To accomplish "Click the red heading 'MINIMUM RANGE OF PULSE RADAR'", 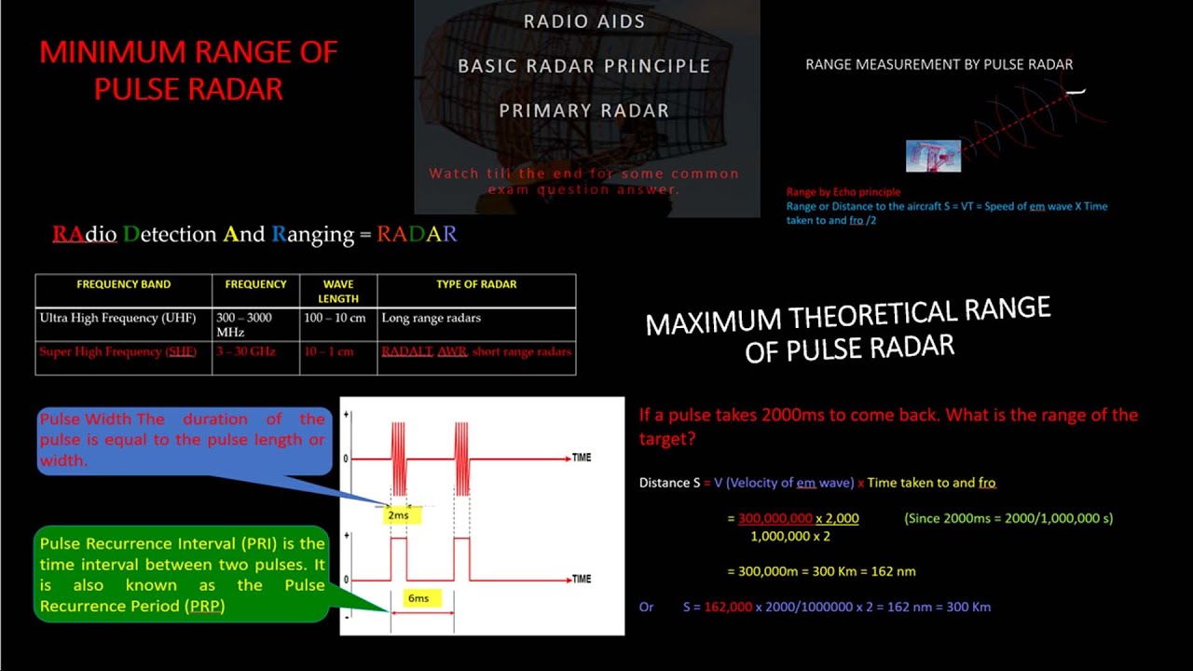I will coord(188,70).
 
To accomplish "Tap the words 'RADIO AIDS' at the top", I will coord(584,21).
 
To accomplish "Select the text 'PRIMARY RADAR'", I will coord(584,111).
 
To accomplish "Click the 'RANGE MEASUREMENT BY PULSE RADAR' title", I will coord(939,64).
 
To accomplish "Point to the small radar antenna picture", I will coord(933,156).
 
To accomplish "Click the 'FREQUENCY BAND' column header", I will coord(123,284).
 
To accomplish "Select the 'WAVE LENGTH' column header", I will coord(337,291).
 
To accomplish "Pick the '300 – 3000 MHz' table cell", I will coord(243,324).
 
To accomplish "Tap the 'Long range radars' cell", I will coord(431,318).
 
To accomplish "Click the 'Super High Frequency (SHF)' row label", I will coord(118,351).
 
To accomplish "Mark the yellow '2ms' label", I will coord(398,514).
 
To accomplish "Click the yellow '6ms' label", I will coord(418,597).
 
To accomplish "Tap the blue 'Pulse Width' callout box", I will coord(183,440).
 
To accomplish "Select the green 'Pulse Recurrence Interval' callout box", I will coord(183,574).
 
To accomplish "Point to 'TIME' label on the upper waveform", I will coord(581,458).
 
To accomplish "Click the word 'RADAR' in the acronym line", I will coord(417,235).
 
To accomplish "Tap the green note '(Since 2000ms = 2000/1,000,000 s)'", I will coord(1008,518).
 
